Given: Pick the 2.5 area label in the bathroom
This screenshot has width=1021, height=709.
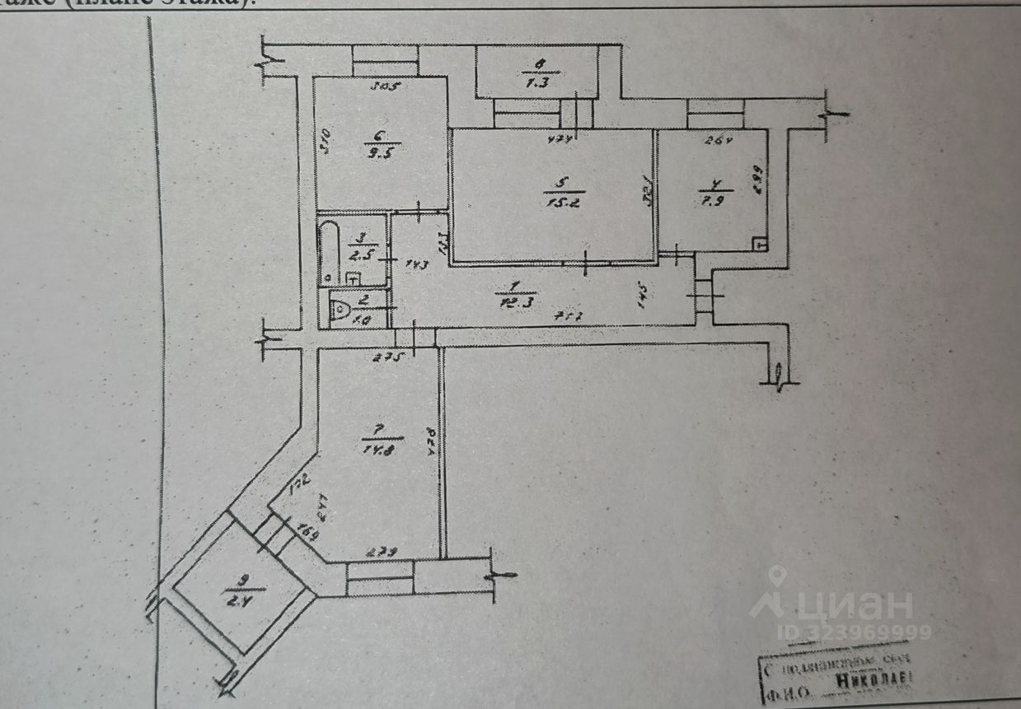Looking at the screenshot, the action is tap(359, 252).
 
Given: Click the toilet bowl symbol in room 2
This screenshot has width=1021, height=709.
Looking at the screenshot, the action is tap(340, 310).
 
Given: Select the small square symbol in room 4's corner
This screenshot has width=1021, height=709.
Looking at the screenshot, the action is tap(761, 244).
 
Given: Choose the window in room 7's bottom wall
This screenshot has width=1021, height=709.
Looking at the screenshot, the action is tap(380, 577).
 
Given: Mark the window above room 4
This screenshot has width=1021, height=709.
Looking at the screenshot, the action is tap(715, 107).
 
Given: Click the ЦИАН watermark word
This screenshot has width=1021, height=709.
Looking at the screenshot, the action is tap(853, 606).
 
